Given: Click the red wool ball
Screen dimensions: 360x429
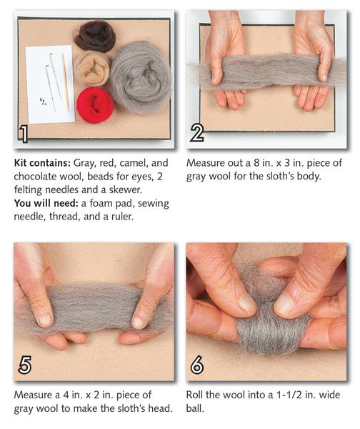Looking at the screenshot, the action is pos(95,105).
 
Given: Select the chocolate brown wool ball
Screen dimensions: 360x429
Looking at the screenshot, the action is pos(95,36).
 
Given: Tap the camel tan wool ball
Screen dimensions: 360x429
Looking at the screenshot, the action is pos(92,69).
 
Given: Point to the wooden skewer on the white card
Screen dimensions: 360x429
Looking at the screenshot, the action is pos(65,82).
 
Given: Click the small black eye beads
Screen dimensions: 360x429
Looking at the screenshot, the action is pos(43,102).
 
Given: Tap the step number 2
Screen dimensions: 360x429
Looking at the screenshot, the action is pos(197,133).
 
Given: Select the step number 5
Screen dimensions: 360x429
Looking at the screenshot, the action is pos(24,365).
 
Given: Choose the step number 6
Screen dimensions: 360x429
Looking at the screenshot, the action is pos(197,365).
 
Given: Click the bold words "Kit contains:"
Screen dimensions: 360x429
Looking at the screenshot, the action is pos(42,163).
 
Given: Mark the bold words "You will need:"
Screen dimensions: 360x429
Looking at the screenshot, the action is pos(46,203).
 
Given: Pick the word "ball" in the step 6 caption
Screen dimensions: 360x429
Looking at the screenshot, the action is pos(195,408).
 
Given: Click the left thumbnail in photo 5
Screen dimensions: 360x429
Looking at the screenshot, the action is pos(44,320).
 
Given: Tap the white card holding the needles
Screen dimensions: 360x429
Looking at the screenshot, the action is pos(50,84).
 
